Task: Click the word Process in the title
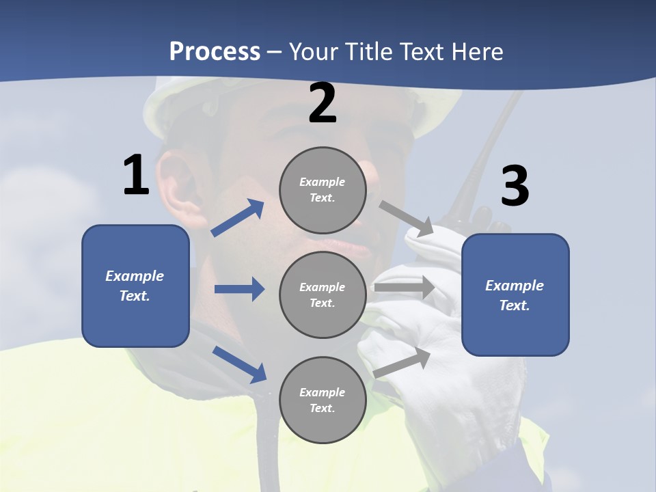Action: coord(215,51)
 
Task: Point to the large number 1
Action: coord(136,176)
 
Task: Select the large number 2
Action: coord(323,104)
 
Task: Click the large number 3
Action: coord(515,186)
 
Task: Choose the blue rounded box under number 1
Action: coord(135,286)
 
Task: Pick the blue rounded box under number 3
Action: coord(515,295)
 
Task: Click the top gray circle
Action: coord(323,190)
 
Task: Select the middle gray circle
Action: coord(323,295)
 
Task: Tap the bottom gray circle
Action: coord(323,400)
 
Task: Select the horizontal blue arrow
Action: coord(239,289)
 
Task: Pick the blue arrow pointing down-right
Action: coord(240,364)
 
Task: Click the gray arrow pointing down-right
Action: coord(407,218)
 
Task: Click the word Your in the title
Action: coord(315,51)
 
